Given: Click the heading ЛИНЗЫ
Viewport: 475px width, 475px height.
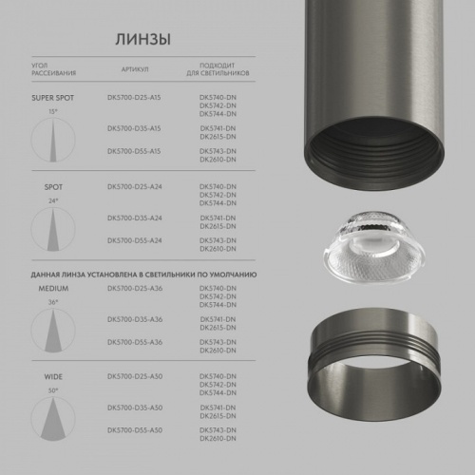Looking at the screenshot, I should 142,40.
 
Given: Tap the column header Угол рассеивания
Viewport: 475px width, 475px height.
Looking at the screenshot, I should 53,70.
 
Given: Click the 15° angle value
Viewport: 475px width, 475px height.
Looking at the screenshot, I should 53,112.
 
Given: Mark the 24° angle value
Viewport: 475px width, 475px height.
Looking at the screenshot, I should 53,201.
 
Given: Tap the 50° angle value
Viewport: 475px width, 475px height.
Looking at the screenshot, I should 53,389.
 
